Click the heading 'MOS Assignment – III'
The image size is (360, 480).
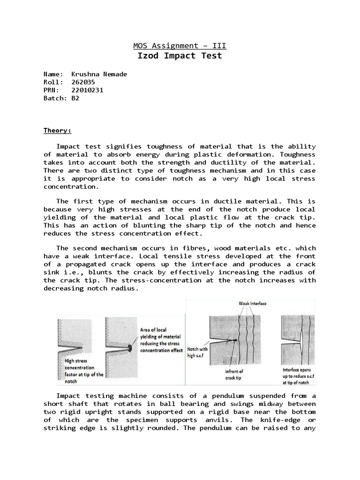(x=180, y=45)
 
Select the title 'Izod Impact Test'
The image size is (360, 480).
(x=180, y=56)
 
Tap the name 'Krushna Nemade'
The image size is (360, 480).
(x=99, y=74)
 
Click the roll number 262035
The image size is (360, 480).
(x=83, y=82)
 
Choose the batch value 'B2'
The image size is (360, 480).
(x=75, y=98)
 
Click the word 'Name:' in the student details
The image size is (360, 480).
(x=53, y=74)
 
